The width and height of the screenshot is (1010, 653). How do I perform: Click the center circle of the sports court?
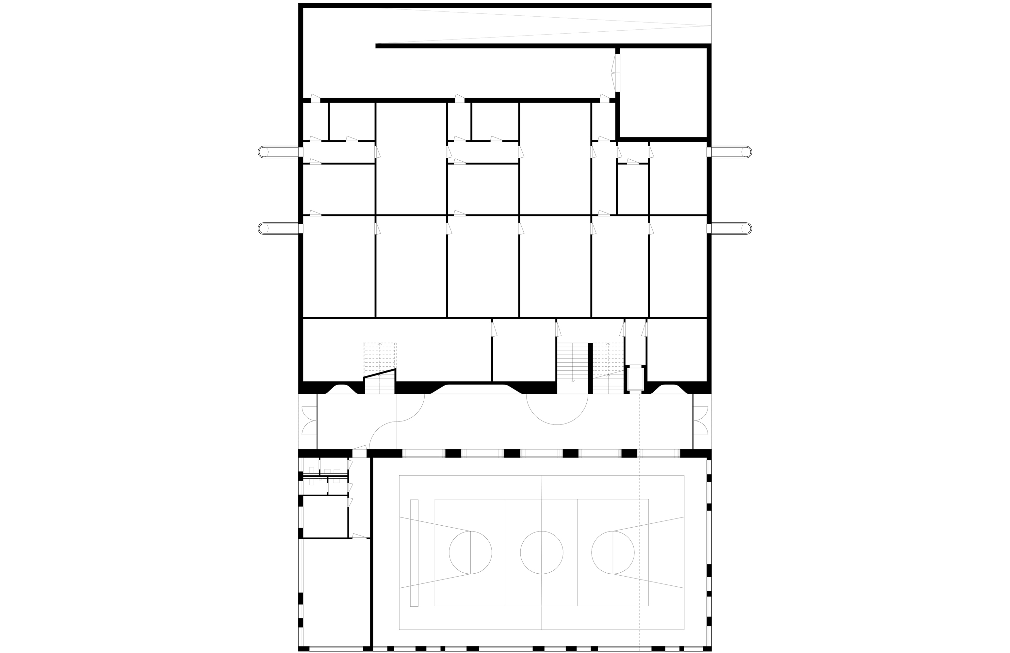point(541,552)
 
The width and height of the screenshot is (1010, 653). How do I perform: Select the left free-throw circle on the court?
point(470,552)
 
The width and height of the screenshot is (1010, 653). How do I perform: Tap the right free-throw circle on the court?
point(613,552)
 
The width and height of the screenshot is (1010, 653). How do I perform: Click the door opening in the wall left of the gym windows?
point(359,453)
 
